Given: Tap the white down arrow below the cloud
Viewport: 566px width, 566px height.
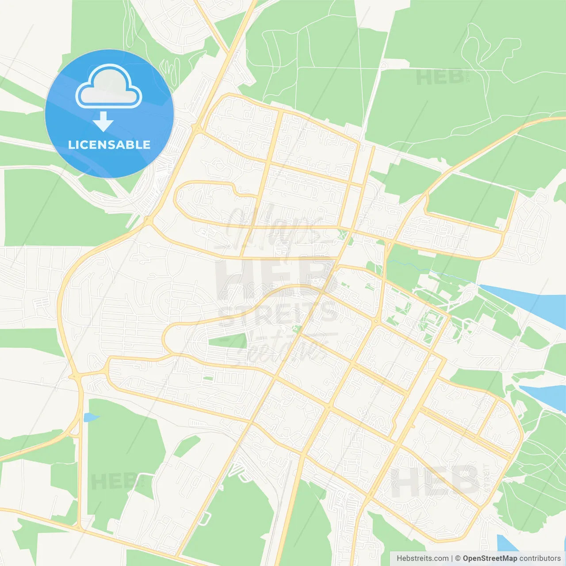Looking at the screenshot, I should click(103, 122).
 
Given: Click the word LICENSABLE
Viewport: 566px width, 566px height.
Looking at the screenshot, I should click(109, 145).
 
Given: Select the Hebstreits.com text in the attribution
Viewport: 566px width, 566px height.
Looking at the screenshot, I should click(422, 558).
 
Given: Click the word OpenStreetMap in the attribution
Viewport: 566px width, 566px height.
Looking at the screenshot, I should click(490, 558).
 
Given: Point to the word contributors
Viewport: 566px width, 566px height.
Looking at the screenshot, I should click(540, 558).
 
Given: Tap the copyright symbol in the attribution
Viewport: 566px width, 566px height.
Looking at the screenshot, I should click(458, 558).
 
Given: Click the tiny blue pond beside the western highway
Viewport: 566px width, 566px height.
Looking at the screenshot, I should click(91, 417).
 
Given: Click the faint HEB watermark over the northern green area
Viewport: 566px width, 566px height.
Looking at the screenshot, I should click(440, 78).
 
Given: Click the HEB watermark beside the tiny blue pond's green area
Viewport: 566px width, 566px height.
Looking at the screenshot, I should click(113, 481).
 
